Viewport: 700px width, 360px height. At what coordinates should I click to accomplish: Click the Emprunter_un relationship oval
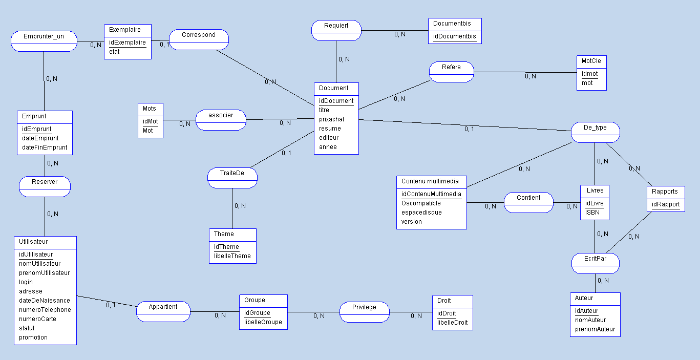point(44,41)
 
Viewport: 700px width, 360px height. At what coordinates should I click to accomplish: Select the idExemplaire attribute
point(128,43)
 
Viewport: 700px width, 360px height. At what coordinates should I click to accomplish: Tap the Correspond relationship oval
point(199,39)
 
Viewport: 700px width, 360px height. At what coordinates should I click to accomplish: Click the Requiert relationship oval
point(336,30)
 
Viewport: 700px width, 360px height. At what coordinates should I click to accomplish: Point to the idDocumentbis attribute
point(454,36)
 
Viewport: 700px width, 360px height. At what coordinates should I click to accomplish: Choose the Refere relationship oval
point(451,72)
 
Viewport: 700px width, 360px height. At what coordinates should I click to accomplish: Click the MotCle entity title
point(591,61)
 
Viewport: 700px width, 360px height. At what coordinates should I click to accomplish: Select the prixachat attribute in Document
point(331,119)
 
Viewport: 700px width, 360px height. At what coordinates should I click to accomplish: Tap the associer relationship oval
point(221,120)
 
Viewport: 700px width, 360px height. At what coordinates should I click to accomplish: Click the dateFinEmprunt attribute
point(45,147)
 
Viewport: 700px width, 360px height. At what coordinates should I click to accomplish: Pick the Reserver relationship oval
point(45,186)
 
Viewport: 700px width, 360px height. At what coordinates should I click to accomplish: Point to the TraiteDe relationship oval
point(232,178)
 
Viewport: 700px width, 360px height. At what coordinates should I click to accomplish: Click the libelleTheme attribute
point(232,256)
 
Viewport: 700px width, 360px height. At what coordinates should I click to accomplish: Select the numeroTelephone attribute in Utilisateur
point(45,310)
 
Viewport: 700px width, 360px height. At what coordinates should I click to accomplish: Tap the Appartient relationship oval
point(163,311)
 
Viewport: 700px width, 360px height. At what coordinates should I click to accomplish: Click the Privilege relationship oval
point(364,312)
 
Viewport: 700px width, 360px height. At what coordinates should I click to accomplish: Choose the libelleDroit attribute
point(452,323)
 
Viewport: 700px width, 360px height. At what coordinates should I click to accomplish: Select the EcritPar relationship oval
point(596,263)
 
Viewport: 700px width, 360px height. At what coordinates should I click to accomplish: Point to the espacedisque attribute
point(421,213)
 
